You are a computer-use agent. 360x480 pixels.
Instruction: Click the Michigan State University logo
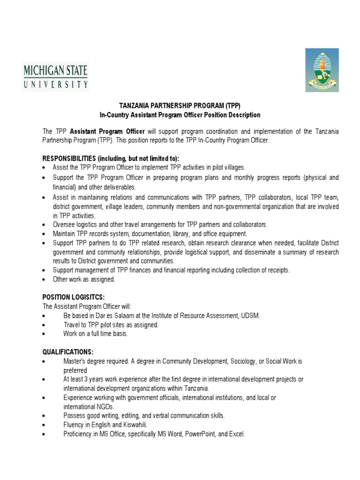(x=55, y=77)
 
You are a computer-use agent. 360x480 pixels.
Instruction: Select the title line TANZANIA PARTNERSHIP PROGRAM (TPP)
(x=180, y=106)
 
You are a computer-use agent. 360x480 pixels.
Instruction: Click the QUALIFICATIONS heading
(x=68, y=352)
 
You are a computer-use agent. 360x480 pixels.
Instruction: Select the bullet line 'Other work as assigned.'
(x=84, y=279)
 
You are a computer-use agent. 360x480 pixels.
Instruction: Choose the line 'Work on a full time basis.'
(x=95, y=333)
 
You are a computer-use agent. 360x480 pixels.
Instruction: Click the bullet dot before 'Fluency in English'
(x=44, y=425)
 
